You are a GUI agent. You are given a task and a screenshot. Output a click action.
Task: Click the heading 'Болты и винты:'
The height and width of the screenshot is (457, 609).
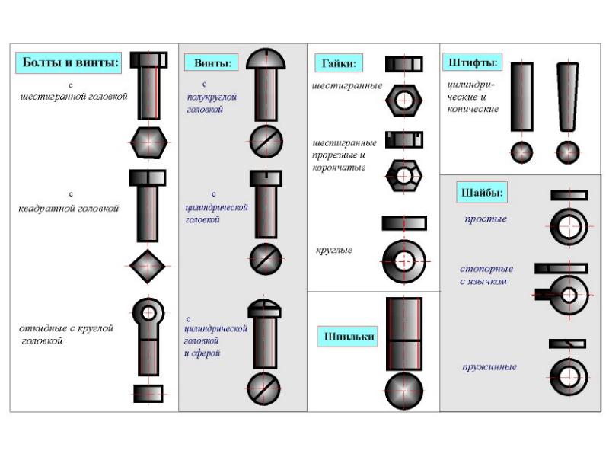pos(69,62)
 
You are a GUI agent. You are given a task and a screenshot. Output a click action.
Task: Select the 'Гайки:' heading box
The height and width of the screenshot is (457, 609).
pos(339,63)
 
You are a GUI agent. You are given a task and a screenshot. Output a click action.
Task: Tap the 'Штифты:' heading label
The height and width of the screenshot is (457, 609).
pos(472,62)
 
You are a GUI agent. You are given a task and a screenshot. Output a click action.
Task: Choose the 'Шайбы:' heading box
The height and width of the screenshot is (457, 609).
pos(482,193)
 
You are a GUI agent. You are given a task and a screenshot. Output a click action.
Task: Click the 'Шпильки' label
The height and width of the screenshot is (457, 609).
pos(348,337)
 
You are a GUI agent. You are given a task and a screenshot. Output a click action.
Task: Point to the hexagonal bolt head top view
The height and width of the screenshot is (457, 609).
pos(148,142)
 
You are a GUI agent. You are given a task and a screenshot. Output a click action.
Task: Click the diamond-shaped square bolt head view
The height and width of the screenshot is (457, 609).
pos(148,266)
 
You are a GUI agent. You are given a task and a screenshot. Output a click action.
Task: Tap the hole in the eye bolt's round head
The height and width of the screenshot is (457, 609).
pos(148,312)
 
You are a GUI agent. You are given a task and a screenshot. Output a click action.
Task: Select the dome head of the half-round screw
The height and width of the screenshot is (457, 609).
pos(266,59)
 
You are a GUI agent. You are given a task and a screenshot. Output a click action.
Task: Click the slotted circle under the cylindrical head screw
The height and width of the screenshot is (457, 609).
pos(266,259)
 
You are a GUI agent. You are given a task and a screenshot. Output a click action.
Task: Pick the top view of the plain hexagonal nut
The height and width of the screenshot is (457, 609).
pos(404,101)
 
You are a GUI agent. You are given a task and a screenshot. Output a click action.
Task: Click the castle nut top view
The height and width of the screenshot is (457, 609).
pos(404,176)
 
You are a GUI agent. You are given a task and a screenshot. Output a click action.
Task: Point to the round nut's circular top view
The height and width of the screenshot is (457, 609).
pos(404,261)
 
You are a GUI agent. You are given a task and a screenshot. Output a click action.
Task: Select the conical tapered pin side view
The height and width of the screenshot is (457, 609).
pos(567,97)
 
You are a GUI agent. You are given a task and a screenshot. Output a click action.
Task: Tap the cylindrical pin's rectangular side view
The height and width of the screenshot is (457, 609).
pos(521,97)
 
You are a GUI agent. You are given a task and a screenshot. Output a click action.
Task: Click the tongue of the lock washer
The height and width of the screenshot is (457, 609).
pos(543,295)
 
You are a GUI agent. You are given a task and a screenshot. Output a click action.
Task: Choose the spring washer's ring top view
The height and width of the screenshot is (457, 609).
pos(569,377)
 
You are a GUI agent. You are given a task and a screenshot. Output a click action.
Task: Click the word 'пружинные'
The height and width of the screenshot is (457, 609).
pos(489,367)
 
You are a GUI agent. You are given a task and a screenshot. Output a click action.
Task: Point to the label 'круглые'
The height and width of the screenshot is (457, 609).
pos(334,251)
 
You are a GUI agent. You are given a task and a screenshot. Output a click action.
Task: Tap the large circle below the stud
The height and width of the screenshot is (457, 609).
pos(404,391)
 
